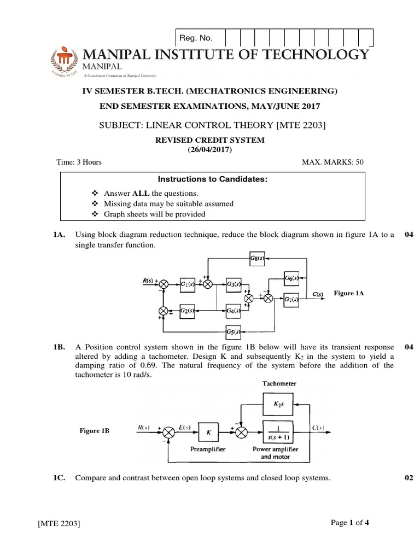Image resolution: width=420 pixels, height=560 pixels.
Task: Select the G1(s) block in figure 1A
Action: (x=188, y=284)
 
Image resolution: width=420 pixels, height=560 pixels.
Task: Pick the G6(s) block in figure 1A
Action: (x=292, y=278)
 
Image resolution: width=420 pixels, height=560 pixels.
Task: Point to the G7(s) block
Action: (x=291, y=299)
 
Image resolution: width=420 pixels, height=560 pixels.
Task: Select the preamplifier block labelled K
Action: (x=208, y=431)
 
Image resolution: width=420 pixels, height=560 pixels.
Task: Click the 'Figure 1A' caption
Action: (x=348, y=294)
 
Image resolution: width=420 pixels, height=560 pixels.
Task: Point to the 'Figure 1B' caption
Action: (x=94, y=431)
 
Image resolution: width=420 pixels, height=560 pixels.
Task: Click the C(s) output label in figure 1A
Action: (x=318, y=295)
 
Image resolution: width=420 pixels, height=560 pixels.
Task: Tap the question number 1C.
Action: (x=60, y=478)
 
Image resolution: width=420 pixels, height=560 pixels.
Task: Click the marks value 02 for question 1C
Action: (x=409, y=478)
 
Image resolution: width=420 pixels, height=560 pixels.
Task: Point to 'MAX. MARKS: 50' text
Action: (x=332, y=162)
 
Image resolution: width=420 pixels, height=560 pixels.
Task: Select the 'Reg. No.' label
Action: (x=196, y=38)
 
